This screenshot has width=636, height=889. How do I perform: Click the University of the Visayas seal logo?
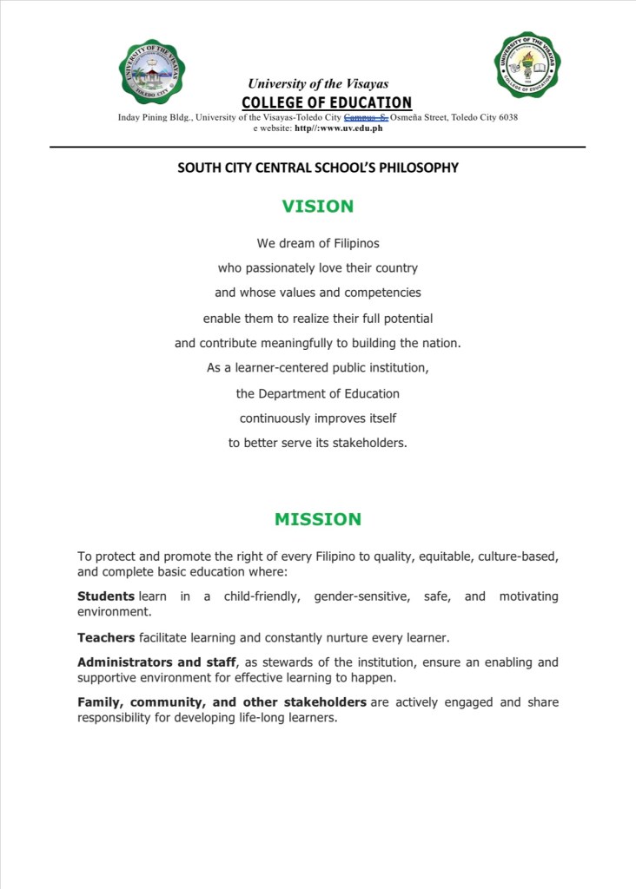pos(152,71)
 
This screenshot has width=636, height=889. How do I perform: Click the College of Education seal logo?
pos(527,64)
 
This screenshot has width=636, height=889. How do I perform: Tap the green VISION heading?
pos(318,207)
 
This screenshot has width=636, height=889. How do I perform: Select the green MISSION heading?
pos(318,520)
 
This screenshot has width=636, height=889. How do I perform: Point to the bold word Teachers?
pos(106,638)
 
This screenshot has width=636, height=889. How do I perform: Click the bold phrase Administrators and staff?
pos(156,662)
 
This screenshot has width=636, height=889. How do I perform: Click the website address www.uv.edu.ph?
pos(351,128)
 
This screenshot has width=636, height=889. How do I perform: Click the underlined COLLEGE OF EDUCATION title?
pos(327,103)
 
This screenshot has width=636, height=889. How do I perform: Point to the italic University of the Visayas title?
pos(318,84)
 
